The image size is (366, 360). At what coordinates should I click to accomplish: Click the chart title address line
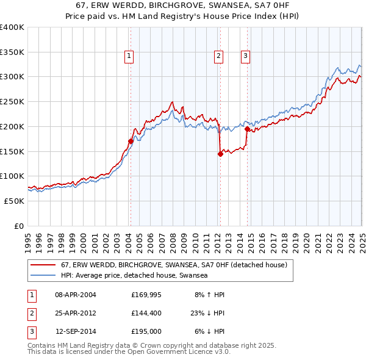(182, 5)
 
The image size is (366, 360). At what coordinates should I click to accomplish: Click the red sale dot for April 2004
(131, 141)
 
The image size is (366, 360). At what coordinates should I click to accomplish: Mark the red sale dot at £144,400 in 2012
(220, 154)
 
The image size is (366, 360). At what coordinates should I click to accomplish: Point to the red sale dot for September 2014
(247, 129)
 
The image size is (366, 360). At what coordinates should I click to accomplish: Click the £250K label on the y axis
(12, 101)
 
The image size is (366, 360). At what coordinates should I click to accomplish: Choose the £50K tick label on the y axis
(15, 201)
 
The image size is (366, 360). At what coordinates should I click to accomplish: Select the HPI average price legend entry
(134, 276)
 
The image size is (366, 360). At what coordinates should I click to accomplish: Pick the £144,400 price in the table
(146, 314)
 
